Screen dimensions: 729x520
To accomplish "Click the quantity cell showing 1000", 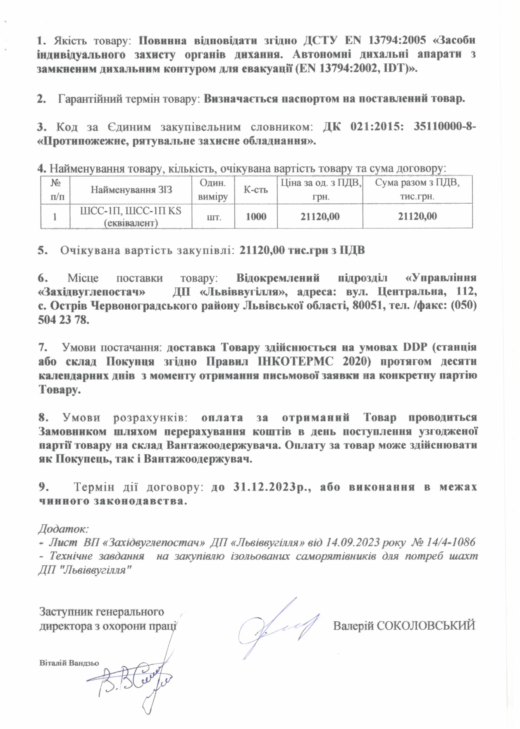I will [256, 216].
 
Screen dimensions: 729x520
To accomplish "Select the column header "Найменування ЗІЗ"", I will [131, 190].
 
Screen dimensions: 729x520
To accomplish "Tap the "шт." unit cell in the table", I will [213, 216].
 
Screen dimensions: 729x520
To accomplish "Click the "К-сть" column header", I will [256, 190].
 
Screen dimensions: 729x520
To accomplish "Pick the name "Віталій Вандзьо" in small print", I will [69, 662].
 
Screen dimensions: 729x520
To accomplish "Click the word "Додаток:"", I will [63, 529].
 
